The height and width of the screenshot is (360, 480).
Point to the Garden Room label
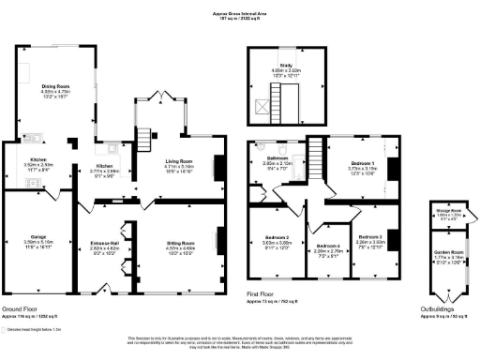point(448,254)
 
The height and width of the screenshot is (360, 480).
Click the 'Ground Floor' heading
point(20,307)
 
